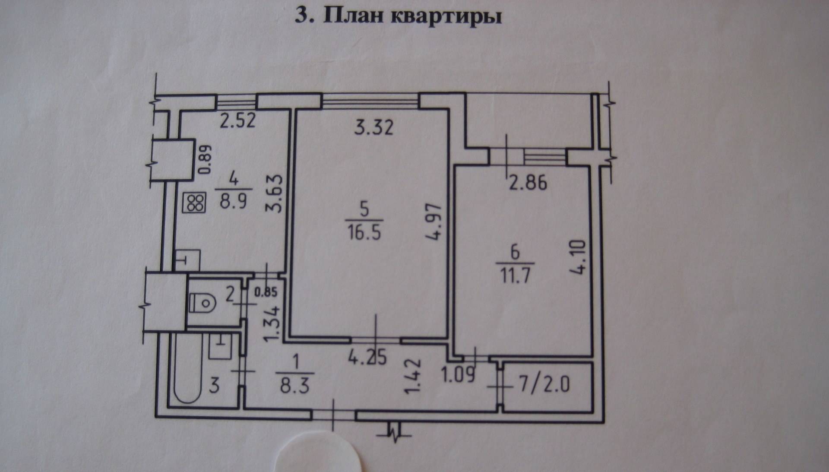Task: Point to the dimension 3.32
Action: [x=374, y=128]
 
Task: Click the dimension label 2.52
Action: [x=237, y=120]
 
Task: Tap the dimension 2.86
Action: [x=527, y=183]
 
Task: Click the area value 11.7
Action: [x=516, y=275]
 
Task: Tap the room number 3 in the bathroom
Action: [x=215, y=385]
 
